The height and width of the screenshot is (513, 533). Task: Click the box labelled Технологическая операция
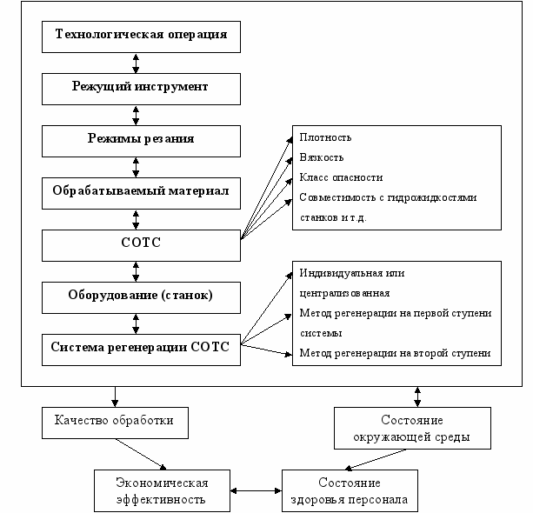coord(141,37)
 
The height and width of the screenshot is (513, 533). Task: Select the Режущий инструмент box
coord(141,89)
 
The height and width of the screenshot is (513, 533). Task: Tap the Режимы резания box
coord(141,141)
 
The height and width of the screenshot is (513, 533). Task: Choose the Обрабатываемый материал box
coord(141,193)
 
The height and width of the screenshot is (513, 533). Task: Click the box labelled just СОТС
coord(141,245)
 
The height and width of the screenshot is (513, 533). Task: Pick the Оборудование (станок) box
coord(141,297)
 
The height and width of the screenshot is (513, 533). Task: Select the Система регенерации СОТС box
coord(141,350)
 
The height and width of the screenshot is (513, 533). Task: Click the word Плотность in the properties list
coord(325,137)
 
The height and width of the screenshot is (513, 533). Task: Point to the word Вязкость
coord(322,157)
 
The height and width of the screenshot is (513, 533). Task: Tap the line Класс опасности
coord(341,177)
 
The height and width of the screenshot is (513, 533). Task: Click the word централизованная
coord(344,293)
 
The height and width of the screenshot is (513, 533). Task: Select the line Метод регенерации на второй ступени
coord(395,353)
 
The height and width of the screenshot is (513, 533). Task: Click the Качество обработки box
coord(115,423)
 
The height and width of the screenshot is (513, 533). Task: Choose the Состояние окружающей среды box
coord(412,428)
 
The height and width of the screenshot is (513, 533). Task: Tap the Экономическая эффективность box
coord(162,490)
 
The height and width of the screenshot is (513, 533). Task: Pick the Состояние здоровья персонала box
coord(350,490)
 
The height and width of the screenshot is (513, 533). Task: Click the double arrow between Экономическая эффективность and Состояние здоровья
coord(256,490)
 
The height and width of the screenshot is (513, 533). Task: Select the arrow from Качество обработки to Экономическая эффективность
coord(141,454)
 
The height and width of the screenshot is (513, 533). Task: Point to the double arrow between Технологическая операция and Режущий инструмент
coord(136,63)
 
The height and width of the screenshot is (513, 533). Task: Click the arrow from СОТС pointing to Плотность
coord(266,188)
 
